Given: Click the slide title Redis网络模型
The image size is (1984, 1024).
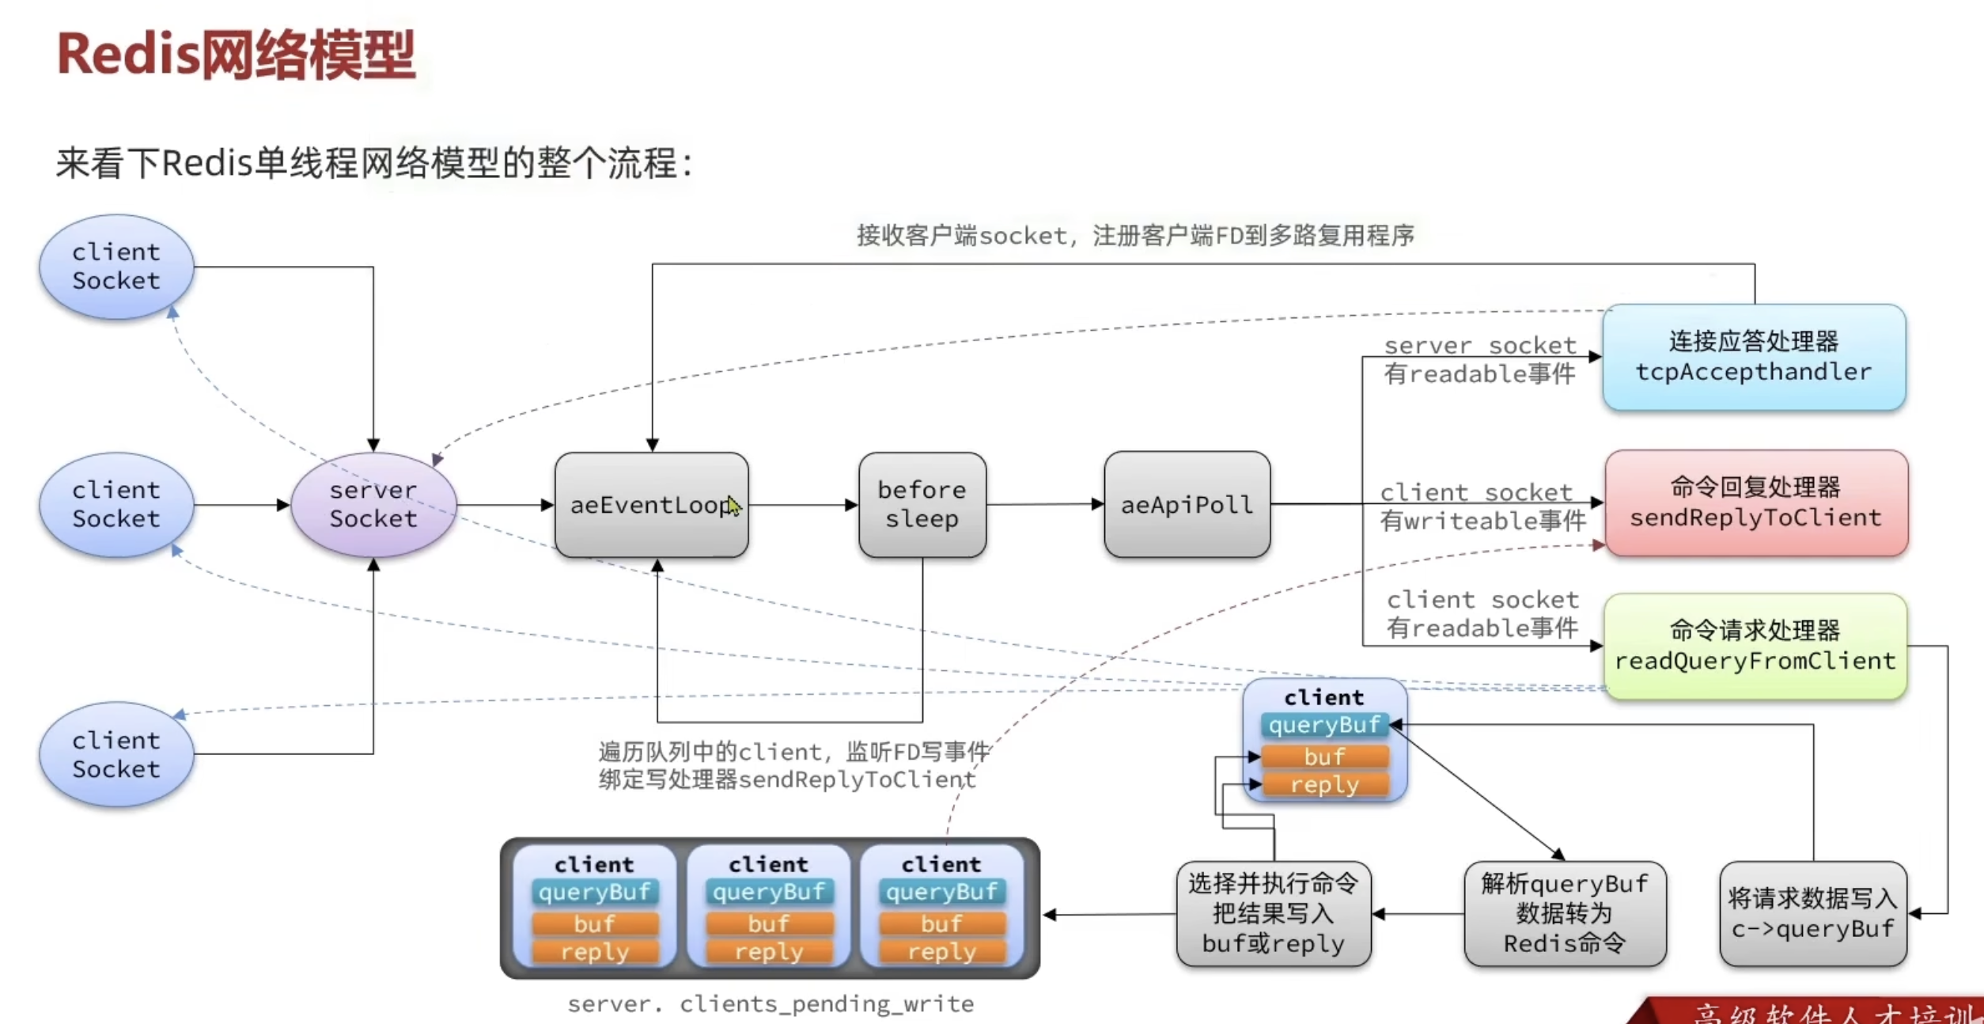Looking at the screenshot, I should click(x=236, y=55).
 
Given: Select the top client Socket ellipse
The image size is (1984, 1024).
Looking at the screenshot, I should click(x=116, y=267).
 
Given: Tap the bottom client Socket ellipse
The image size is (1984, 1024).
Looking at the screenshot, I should click(x=116, y=754).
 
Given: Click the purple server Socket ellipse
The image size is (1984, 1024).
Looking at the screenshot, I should click(x=373, y=505).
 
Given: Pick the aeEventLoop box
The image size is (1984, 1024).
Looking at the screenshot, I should click(x=651, y=505).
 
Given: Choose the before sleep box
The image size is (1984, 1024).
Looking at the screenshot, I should click(x=922, y=505).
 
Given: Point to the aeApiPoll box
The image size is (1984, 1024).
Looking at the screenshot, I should click(x=1187, y=505).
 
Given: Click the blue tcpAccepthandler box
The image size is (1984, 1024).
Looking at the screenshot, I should click(x=1754, y=357).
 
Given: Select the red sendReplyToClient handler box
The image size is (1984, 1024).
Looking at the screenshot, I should click(x=1755, y=503).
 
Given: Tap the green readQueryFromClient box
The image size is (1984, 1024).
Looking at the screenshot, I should click(x=1755, y=646).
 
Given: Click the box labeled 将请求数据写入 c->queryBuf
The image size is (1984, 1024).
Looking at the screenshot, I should click(x=1812, y=914).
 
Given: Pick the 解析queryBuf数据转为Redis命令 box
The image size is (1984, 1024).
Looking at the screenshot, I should click(x=1565, y=914).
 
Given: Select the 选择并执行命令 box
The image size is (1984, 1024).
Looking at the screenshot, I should click(x=1273, y=914).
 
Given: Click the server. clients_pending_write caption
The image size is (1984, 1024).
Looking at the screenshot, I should click(x=771, y=1004).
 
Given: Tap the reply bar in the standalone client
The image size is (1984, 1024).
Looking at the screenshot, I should click(x=1324, y=785).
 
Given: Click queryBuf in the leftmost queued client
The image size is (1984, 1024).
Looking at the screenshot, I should click(x=594, y=892).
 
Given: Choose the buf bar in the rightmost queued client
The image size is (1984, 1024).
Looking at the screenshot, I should click(x=941, y=923).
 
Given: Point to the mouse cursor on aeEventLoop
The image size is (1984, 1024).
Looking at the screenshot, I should click(x=733, y=506).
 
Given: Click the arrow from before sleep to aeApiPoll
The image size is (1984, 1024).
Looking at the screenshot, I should click(x=1044, y=505).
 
